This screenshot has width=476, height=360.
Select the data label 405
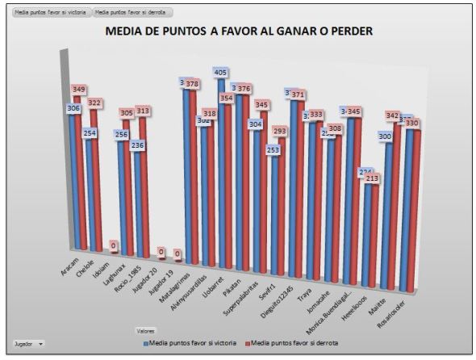click(220, 73)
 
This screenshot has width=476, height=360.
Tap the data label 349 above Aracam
click(79, 89)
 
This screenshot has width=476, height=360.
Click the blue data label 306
click(73, 108)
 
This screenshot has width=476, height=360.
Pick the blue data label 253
click(273, 150)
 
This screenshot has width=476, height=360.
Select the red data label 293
click(279, 130)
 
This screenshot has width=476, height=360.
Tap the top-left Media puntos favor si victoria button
click(48, 13)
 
